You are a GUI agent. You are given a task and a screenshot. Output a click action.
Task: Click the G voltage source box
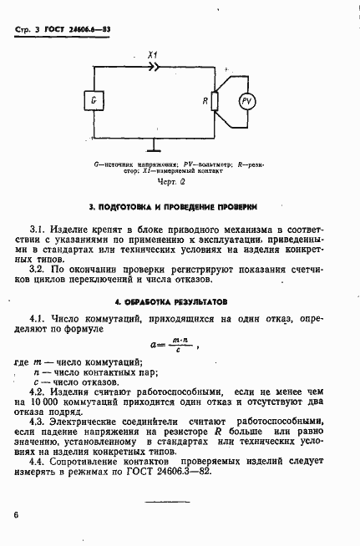94,101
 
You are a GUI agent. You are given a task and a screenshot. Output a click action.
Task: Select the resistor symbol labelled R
215,101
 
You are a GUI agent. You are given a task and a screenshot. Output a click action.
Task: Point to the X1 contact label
152,53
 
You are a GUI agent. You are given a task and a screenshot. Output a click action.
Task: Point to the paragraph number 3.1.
38,228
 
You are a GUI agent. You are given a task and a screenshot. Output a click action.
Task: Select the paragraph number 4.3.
38,422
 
